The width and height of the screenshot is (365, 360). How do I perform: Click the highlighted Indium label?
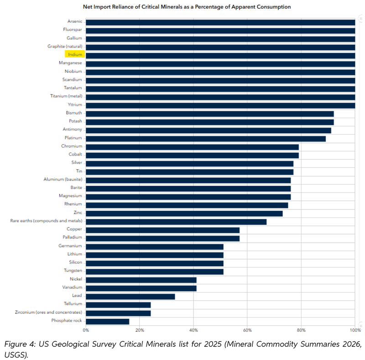click(x=75, y=54)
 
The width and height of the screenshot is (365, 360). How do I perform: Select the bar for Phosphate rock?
click(x=108, y=322)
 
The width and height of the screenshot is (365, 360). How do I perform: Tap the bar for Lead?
click(x=130, y=297)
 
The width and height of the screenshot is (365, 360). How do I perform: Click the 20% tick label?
click(x=140, y=330)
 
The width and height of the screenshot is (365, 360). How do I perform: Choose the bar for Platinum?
click(x=206, y=139)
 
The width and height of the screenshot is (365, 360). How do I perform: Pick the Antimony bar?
click(x=209, y=130)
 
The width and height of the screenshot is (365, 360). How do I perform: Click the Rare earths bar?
click(x=176, y=222)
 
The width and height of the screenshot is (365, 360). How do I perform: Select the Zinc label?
click(x=78, y=212)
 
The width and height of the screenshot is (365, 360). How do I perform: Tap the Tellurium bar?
click(x=118, y=305)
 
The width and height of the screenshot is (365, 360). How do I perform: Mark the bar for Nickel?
click(x=141, y=280)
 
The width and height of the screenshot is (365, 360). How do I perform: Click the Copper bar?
click(x=163, y=230)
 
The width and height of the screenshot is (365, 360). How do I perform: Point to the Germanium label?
click(x=70, y=245)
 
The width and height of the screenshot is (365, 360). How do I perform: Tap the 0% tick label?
click(x=86, y=330)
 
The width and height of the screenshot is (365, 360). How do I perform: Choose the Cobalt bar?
click(x=192, y=155)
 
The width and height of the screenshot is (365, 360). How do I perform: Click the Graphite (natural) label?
click(x=65, y=47)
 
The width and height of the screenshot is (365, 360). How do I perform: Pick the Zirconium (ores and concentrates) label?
click(x=49, y=312)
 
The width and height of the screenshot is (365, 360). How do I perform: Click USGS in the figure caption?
click(x=16, y=355)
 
